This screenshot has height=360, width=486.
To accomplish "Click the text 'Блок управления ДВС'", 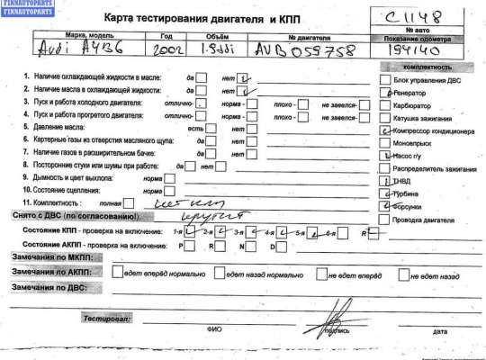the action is point(425,79).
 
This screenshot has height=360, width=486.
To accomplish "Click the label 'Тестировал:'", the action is point(107,319).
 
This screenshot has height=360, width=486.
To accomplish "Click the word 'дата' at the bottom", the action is point(438,331).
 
